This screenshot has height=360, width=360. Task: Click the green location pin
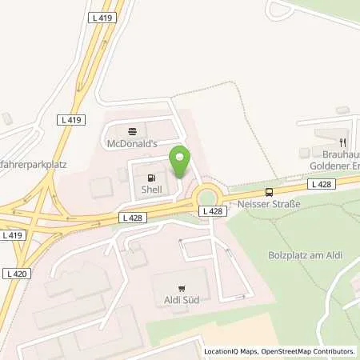(180, 161)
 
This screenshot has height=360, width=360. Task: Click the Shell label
(150, 190)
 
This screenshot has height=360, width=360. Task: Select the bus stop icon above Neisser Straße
(270, 192)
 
